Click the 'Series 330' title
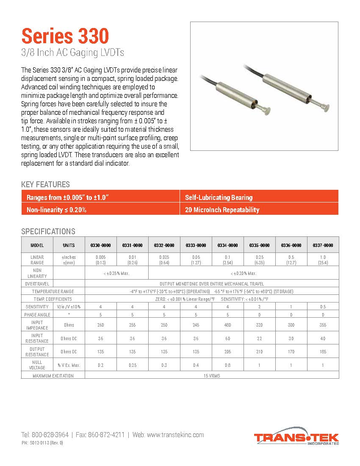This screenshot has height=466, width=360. tap(65, 36)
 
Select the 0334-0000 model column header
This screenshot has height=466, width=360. tap(228, 245)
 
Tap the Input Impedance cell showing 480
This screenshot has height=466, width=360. tap(228, 325)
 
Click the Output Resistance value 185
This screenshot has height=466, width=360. tap(323, 352)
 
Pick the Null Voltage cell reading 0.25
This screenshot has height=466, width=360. tap(133, 365)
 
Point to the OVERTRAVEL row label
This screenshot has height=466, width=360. tap(37, 284)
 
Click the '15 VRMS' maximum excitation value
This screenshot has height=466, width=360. tap(212, 375)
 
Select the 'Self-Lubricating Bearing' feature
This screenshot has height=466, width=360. tap(219, 197)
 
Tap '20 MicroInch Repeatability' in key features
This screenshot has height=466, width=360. tap(222, 210)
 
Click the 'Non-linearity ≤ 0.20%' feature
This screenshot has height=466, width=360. tap(56, 210)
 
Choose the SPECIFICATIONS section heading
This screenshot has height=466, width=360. tap(48, 231)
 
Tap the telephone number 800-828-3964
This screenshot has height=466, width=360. tap(44, 435)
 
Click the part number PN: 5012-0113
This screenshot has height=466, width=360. tap(42, 443)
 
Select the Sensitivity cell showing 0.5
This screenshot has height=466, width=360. tap(323, 307)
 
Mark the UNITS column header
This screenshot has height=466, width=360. tap(69, 245)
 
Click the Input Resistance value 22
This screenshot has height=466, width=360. tap(260, 338)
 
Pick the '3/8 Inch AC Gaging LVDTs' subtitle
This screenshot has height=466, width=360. tap(72, 53)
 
